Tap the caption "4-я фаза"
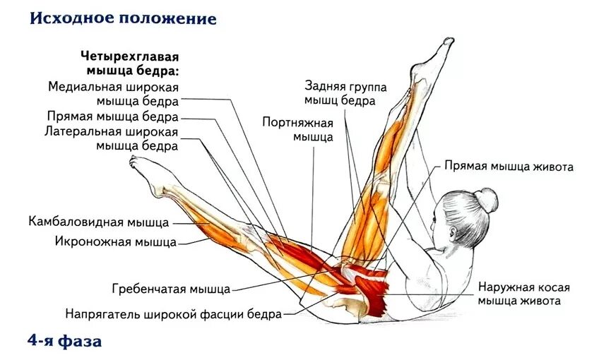click(x=65, y=342)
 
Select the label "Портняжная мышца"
click(x=297, y=129)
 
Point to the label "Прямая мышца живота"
click(x=509, y=167)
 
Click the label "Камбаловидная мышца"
click(x=99, y=222)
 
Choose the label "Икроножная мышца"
click(x=116, y=242)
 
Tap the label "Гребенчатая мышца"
click(x=171, y=289)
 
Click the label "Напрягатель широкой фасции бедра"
click(x=174, y=313)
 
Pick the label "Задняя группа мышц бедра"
click(x=345, y=93)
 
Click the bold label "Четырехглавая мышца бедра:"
click(x=131, y=63)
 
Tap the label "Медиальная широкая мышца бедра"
click(x=113, y=93)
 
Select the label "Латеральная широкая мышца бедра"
click(x=111, y=139)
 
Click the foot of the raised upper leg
click(x=441, y=53)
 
